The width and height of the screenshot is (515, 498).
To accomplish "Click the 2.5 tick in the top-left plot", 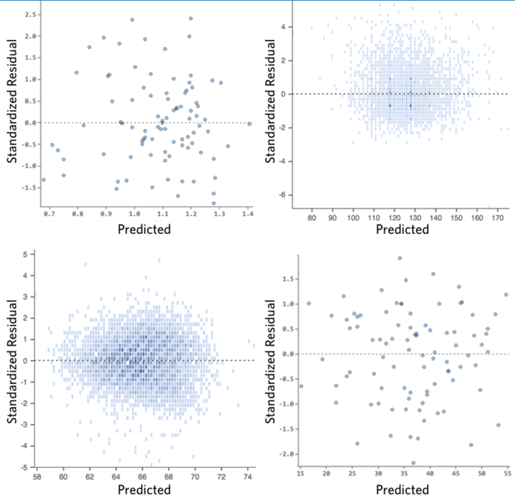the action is point(30,14).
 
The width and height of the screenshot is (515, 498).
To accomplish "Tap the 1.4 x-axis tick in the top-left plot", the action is point(248,214).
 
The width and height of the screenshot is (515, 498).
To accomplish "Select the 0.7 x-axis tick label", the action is point(49,214).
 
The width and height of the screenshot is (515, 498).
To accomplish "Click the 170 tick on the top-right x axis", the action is point(498,218).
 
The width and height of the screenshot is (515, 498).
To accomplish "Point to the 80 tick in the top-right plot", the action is point(312,218).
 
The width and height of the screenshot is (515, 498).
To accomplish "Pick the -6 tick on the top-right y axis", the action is point(283,195).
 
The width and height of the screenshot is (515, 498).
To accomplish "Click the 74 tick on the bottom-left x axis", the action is point(248,477).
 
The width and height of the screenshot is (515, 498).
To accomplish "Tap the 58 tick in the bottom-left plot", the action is point(37,477).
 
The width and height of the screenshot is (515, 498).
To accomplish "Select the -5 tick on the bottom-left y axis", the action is point(25,467).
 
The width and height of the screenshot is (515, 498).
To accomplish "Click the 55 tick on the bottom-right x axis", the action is point(507,473).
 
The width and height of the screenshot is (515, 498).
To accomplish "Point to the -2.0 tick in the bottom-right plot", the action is point(287,454).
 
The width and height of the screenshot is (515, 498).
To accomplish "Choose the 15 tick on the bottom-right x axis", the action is point(300,473).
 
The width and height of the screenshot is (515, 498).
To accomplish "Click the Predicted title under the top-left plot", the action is point(144,229).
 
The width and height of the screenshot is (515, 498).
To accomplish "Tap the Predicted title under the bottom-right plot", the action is point(402,490).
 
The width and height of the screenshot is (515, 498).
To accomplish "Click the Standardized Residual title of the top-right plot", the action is point(270,101).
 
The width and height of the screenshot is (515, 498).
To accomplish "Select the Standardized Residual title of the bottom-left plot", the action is point(12,361).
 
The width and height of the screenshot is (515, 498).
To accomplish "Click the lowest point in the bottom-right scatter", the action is point(413,463).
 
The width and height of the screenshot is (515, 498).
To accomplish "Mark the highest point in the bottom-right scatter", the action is point(400,258).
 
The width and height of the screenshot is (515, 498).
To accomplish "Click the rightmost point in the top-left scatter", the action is point(249,124).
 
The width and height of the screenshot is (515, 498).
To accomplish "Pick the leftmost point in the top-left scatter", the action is point(44,180).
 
